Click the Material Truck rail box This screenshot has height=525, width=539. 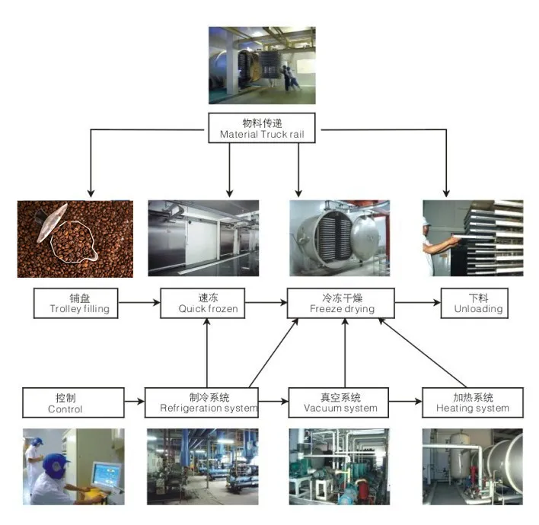coord(262,127)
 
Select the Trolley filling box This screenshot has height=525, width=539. coord(79,303)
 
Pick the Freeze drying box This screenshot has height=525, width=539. coord(340,303)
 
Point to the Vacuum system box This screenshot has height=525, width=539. coord(340,402)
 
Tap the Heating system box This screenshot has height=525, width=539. coord(472,402)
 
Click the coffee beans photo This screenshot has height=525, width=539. coord(75,238)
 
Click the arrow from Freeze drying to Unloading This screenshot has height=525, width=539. coord(417,303)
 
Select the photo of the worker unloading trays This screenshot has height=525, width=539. coord(473,238)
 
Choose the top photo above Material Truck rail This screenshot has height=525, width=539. coord(262,65)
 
